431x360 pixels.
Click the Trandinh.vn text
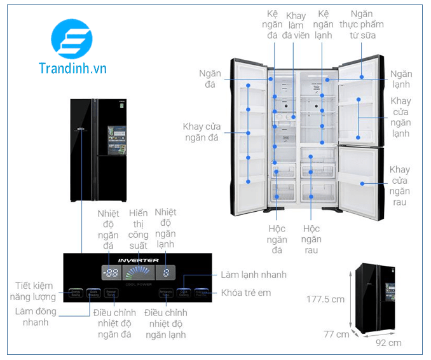tap(72, 68)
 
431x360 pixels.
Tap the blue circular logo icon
tap(72, 39)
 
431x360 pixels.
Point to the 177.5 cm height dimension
tap(325, 298)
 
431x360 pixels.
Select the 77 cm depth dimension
tap(337, 334)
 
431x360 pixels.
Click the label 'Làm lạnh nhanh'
tap(254, 275)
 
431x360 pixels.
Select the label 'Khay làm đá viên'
tap(296, 25)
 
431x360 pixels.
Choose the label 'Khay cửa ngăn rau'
tap(400, 186)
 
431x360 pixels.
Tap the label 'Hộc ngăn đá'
tap(277, 239)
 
